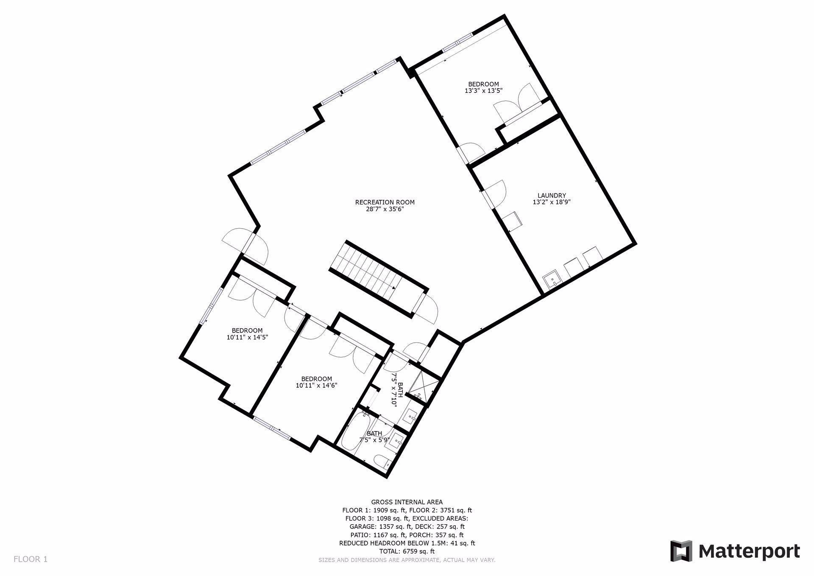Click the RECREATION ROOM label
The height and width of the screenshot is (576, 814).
coord(385,202)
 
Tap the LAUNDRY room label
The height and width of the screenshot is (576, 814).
coord(552,196)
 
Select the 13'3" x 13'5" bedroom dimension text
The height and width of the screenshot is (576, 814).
coord(483,91)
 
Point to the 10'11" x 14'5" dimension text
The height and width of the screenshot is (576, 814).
coord(247,337)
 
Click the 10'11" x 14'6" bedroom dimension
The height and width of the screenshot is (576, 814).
coord(316,386)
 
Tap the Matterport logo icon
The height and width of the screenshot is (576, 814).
coord(681,551)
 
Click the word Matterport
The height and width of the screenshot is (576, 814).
coord(749,551)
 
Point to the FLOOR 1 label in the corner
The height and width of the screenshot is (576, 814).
coord(31,559)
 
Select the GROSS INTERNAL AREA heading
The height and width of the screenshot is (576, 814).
coord(407,502)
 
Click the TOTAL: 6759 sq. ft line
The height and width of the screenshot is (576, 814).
coord(407,551)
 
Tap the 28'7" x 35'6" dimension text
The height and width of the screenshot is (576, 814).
coord(385,209)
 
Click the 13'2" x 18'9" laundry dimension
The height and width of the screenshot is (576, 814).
coord(552,202)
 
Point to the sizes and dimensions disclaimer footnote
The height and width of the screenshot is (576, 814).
coord(407,560)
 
